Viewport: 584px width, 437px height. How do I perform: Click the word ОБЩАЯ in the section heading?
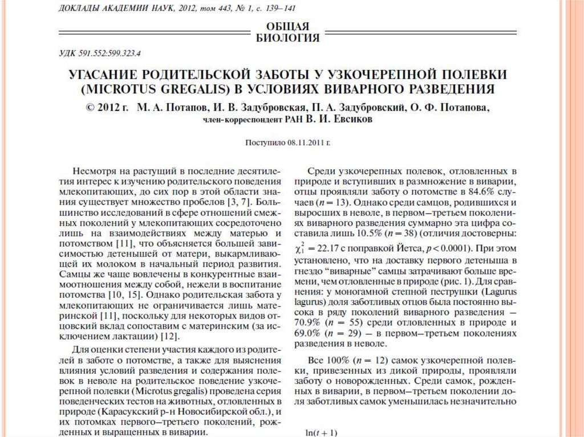point(288,26)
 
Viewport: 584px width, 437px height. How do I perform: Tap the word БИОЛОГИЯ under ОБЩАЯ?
point(288,38)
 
